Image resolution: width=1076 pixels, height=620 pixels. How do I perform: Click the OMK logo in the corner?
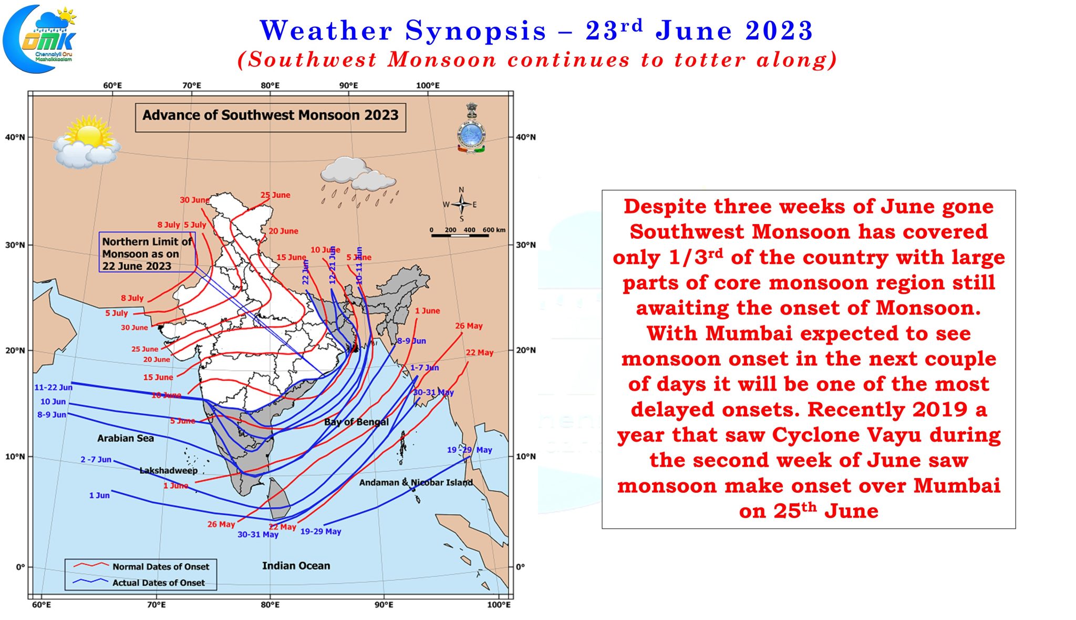point(40,38)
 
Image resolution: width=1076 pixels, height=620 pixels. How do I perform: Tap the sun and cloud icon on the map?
point(87,143)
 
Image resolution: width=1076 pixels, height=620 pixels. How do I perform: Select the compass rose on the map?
point(461,204)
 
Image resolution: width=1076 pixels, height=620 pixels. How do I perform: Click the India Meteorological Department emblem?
point(471,129)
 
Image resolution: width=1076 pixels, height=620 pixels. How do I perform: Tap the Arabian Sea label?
point(126,438)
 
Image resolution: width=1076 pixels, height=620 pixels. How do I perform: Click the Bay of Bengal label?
point(356,422)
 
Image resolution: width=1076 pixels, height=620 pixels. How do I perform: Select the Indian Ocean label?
point(296,566)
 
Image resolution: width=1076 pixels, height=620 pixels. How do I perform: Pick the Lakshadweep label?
point(168,470)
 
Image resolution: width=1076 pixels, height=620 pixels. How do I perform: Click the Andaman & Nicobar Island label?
point(416,482)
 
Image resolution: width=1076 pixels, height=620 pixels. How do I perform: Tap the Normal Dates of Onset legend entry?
point(160,566)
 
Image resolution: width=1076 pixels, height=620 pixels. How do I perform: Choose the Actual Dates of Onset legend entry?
point(158,583)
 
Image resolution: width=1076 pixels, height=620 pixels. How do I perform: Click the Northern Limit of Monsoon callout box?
point(147,253)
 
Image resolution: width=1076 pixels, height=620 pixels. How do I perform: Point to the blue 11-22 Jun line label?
point(53,388)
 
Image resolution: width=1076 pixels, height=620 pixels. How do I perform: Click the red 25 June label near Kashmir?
point(275,195)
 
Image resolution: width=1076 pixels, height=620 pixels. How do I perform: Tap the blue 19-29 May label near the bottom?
point(320,532)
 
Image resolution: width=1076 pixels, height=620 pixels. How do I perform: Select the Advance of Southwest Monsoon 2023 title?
point(270,116)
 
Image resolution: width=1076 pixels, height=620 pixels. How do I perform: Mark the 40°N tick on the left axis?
point(15,137)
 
